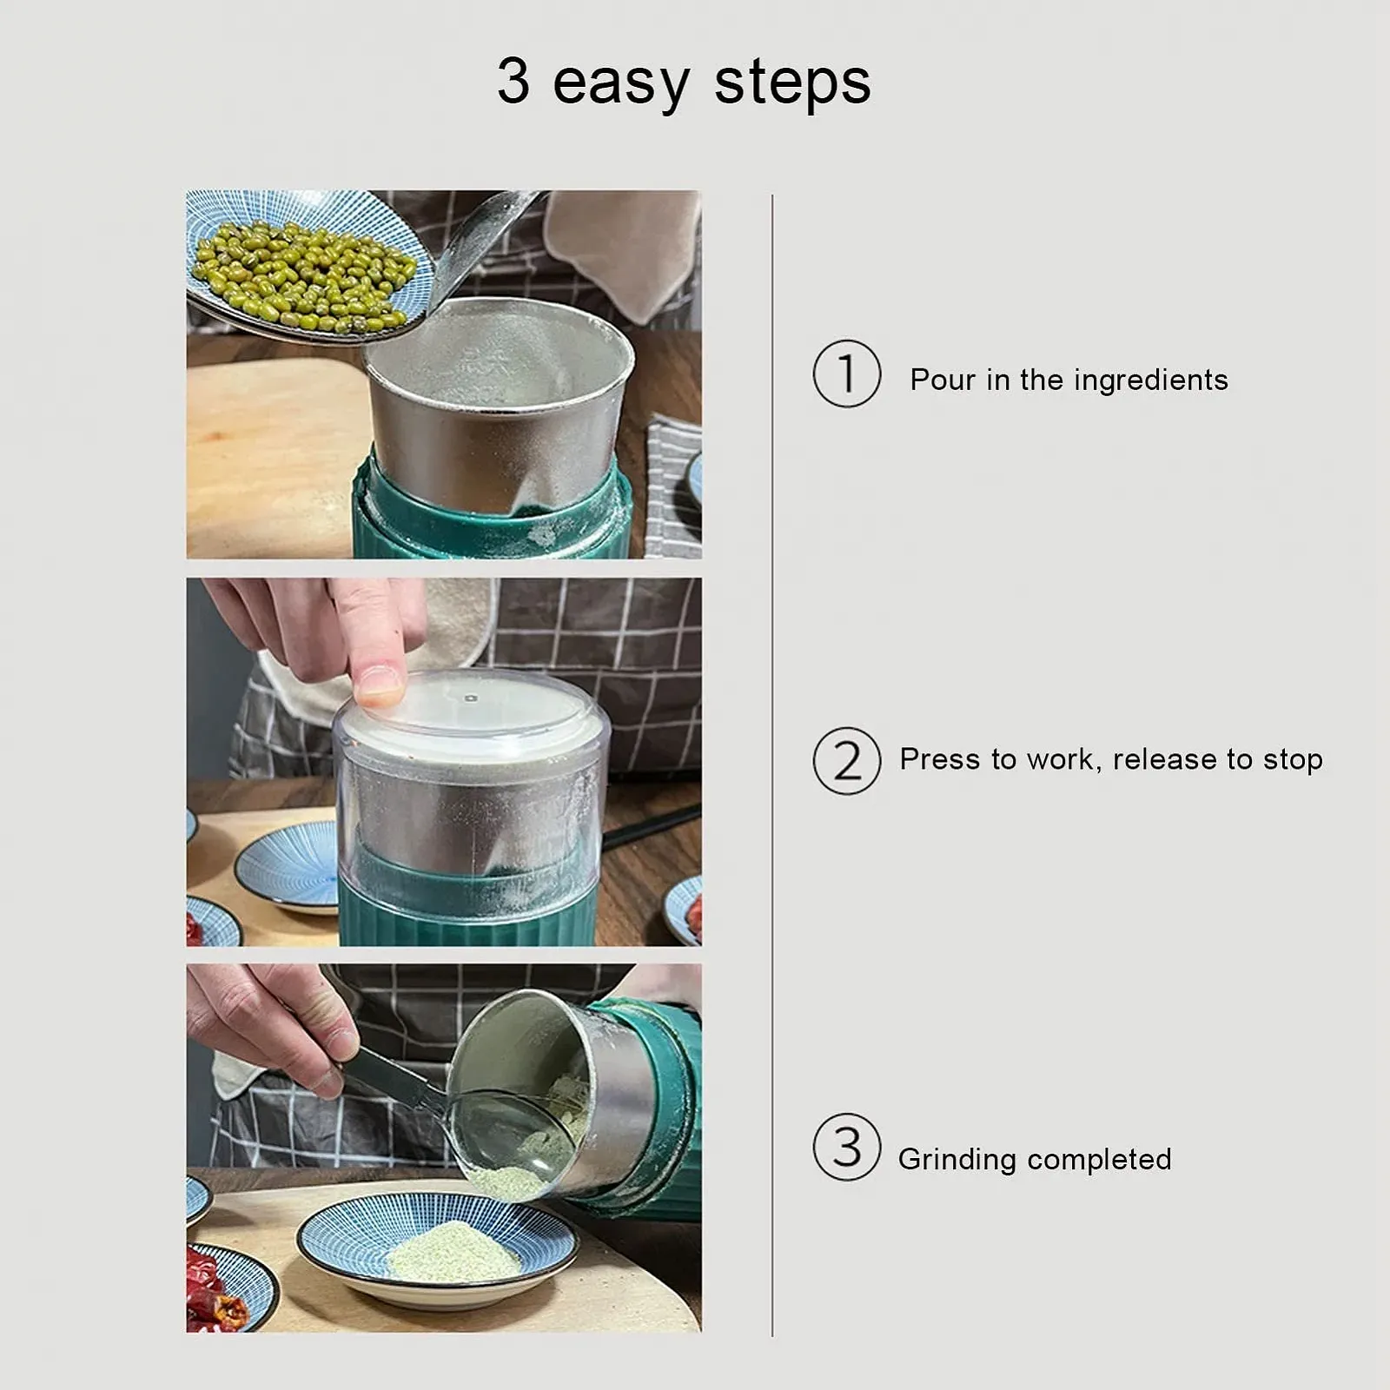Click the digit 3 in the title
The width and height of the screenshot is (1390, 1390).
pos(513,82)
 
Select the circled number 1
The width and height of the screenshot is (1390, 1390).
pos(847,374)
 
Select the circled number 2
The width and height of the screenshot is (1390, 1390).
pos(847,761)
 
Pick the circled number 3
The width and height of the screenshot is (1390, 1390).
pos(847,1147)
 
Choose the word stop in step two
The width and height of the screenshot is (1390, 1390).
pos(1293,761)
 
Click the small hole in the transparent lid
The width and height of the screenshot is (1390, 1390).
pos(471,697)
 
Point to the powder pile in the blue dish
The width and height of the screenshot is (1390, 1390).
pos(452,1254)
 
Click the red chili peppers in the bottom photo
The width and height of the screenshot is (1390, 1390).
pos(213,1288)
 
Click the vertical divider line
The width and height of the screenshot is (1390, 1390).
pos(771,764)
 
